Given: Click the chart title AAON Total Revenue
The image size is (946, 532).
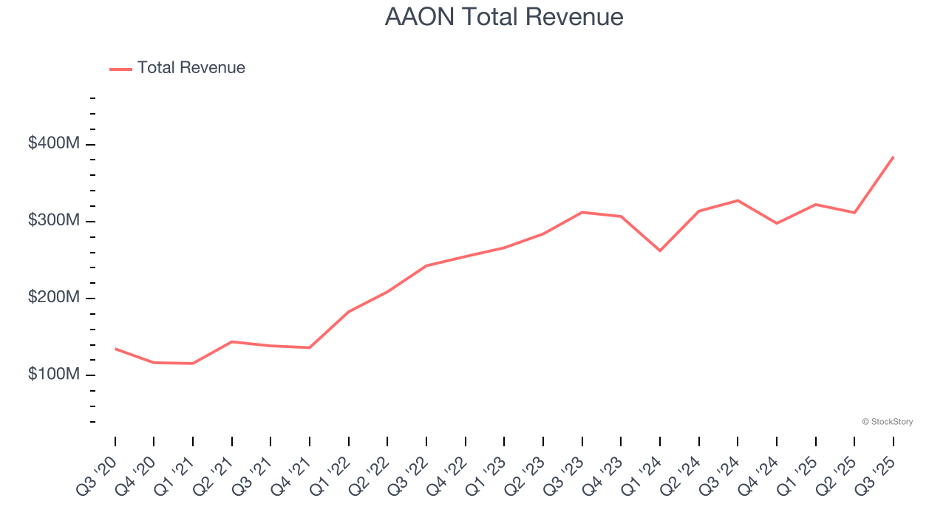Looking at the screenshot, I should point(504,17).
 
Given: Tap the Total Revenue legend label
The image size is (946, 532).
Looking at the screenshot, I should point(191,68).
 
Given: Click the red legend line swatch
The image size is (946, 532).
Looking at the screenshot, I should point(120,69).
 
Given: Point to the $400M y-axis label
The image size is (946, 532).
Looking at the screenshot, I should point(54,143).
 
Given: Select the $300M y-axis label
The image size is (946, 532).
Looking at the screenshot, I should point(54,220).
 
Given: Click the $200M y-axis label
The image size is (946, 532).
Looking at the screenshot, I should point(54,297).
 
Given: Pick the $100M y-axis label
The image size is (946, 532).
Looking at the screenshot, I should point(54,374).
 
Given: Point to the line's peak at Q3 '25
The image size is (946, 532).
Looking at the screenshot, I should point(893,157).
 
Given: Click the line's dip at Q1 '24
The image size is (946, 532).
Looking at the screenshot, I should point(660,250).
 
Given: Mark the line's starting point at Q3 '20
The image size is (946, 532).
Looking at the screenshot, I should point(115,349).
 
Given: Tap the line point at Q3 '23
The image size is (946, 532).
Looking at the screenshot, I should point(582,212).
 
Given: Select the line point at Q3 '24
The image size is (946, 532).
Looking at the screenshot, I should point(738,200).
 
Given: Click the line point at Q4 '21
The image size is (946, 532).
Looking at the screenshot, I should point(310,347).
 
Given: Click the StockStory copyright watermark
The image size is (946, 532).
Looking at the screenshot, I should point(887,422).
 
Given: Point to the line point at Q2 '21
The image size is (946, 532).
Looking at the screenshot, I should point(232,341).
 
